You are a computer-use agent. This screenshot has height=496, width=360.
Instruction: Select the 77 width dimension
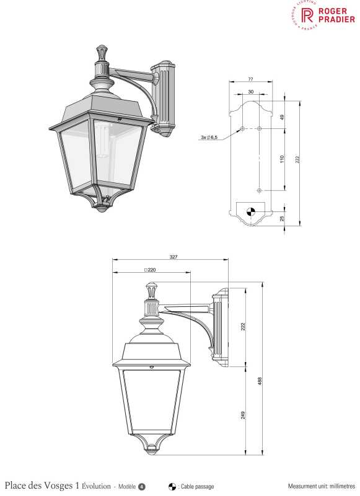click(x=250, y=80)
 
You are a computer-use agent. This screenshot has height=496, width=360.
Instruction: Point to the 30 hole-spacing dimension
click(x=250, y=92)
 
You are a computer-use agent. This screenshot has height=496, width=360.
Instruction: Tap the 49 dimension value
click(x=282, y=117)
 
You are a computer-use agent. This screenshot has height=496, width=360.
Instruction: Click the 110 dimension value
click(x=282, y=159)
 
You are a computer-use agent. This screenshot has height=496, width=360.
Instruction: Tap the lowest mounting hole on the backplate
click(x=260, y=190)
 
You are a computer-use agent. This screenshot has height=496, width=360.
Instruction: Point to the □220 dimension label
click(x=149, y=270)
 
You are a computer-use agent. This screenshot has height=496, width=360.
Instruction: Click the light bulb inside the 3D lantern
click(x=102, y=139)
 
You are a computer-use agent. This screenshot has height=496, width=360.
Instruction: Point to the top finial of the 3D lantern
click(x=101, y=51)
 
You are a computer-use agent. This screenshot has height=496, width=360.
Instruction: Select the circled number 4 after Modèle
click(x=142, y=486)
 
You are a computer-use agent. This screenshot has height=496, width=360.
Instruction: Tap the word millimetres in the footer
click(x=338, y=487)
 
